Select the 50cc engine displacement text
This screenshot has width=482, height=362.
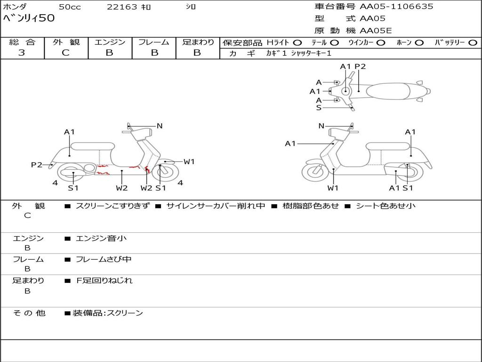coord(69,7)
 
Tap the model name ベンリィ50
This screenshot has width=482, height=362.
coord(29,19)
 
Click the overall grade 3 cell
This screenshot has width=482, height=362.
coord(22,53)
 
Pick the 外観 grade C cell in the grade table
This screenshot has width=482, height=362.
coord(65,53)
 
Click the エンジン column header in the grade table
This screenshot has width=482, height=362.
coord(110,42)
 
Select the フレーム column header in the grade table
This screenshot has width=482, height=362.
coord(153,42)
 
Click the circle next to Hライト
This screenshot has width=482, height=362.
coord(297,42)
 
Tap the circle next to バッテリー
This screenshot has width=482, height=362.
coord(473,42)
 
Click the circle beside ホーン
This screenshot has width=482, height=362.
coord(419,42)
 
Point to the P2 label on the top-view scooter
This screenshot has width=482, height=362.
coord(360,66)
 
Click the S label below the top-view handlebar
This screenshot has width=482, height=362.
coord(319,107)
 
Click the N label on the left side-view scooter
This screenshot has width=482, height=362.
coord(160,126)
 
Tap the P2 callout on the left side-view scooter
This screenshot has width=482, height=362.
coord(36,165)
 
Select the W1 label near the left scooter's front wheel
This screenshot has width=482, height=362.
coord(189,162)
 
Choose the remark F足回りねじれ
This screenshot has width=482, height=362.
coord(104,280)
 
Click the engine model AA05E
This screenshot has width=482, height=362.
coord(376,31)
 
